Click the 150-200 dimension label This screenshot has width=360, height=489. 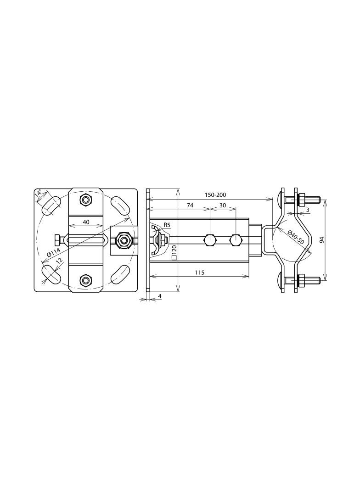tap(215, 195)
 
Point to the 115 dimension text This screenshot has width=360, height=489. tap(199, 272)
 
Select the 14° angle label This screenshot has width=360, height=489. tap(38, 194)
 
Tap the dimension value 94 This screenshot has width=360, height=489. tap(322, 239)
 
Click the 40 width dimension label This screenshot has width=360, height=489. tap(86, 222)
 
